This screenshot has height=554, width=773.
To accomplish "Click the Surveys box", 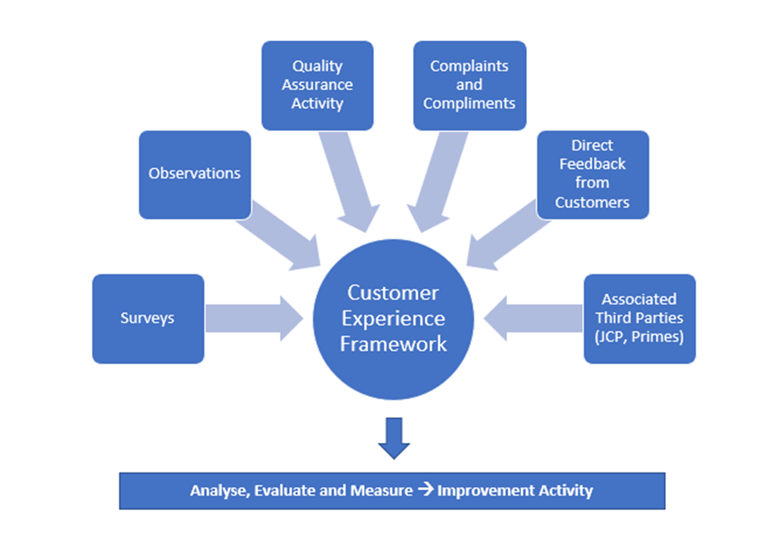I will point(148,319).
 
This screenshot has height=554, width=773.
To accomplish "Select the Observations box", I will point(195,174).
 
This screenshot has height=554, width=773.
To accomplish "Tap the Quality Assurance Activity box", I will point(317,85).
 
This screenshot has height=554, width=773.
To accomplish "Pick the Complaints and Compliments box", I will point(469,85).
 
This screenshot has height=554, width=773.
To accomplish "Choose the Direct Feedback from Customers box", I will point(592,174).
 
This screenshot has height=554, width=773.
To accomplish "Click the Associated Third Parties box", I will point(639,319).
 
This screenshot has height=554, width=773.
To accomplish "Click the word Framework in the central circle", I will point(393,344).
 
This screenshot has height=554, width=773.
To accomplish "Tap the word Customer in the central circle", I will point(393,293).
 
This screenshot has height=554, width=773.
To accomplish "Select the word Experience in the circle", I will point(393,318).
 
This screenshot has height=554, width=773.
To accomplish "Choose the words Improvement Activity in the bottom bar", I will point(515,491).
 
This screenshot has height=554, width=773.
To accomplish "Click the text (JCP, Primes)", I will point(639,337).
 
